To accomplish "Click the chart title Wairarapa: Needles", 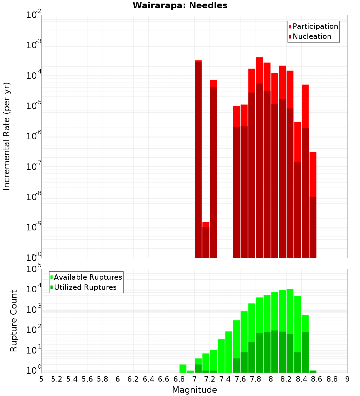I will pyautogui.click(x=180, y=6).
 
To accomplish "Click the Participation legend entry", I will pyautogui.click(x=313, y=26).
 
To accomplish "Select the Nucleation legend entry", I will pyautogui.click(x=310, y=36).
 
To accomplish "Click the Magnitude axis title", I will pyautogui.click(x=194, y=390).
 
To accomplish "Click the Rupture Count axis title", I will pyautogui.click(x=14, y=321).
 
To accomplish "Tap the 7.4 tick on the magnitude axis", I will pyautogui.click(x=225, y=379).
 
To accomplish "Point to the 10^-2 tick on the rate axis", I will pyautogui.click(x=34, y=15).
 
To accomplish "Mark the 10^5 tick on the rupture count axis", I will pyautogui.click(x=34, y=269).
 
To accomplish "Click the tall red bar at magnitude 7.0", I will pyautogui.click(x=198, y=158).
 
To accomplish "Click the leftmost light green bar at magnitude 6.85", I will pyautogui.click(x=183, y=369).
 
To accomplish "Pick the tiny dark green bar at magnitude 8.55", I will pyautogui.click(x=313, y=372).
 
